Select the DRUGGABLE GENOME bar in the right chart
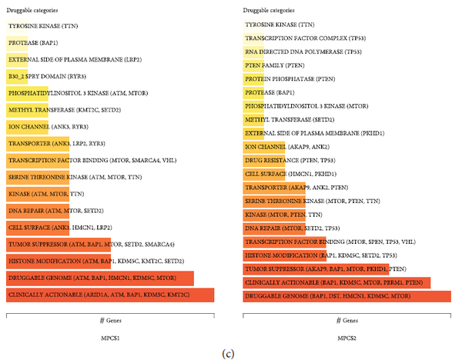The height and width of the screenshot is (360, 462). pos(346,295)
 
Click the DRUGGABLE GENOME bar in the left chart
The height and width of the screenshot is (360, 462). pos(100,278)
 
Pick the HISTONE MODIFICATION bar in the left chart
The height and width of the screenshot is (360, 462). pos(92,261)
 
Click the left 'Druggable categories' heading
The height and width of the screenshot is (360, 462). pos(30,10)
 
